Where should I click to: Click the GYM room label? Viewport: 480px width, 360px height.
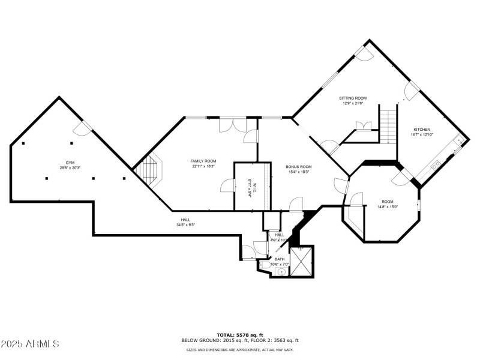point(70,163)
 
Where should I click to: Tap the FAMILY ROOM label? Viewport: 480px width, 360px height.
point(203,161)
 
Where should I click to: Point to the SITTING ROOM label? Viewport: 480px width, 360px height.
point(353,98)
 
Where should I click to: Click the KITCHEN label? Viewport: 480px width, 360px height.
point(422,130)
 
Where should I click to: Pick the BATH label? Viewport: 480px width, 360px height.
point(280,259)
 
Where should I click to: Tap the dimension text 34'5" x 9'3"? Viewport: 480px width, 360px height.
point(185,225)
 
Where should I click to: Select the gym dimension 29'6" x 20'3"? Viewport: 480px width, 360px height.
point(70,168)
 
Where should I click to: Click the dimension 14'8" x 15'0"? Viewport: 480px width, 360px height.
point(388,207)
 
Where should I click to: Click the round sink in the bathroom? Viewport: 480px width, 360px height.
point(281,271)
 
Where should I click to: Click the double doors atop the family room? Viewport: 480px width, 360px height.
point(232,125)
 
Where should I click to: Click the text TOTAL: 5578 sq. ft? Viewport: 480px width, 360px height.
point(240,334)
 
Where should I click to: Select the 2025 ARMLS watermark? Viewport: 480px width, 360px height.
point(30,344)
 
